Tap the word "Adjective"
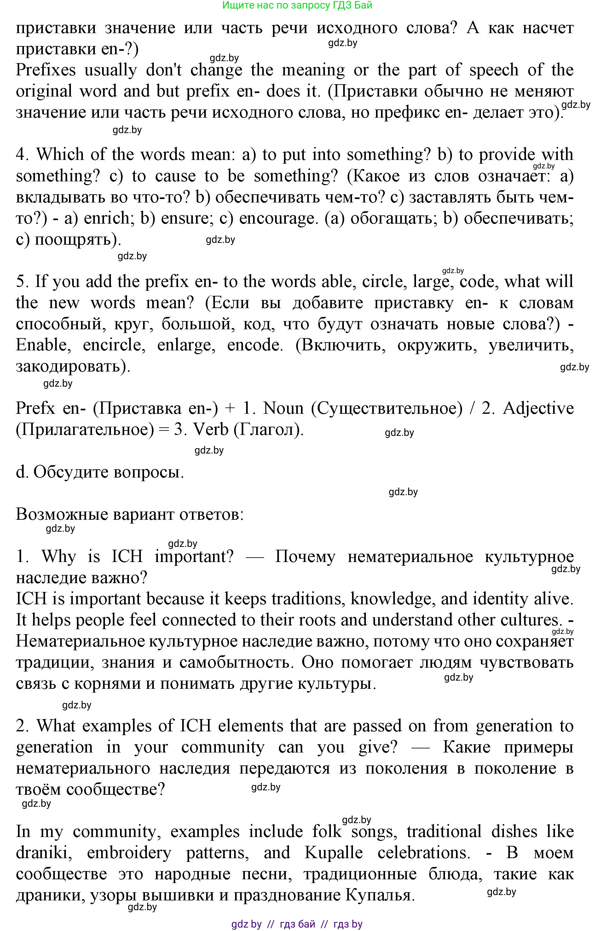(538, 409)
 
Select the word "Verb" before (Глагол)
(211, 430)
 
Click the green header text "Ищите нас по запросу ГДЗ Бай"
(297, 5)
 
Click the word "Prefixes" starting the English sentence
(46, 70)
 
